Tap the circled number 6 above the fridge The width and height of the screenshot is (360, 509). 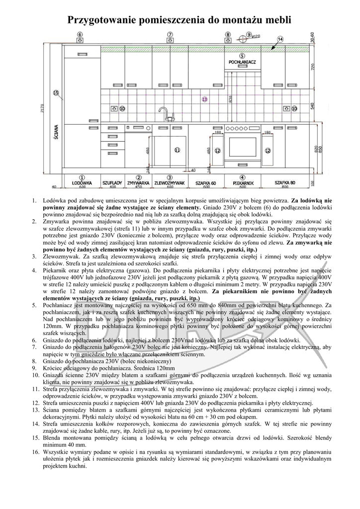pyautogui.click(x=80, y=34)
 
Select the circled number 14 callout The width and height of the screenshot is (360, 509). pyautogui.click(x=280, y=39)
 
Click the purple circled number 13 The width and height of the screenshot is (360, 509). pyautogui.click(x=204, y=100)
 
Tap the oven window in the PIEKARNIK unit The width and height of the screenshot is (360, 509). pyautogui.click(x=242, y=147)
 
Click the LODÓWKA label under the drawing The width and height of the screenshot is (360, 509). pyautogui.click(x=82, y=183)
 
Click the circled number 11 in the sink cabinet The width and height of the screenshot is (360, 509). pyautogui.click(x=177, y=150)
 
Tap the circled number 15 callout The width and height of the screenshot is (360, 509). pyautogui.click(x=56, y=92)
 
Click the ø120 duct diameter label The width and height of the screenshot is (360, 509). pyautogui.click(x=257, y=36)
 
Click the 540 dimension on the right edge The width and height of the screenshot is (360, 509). pyautogui.click(x=327, y=106)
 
